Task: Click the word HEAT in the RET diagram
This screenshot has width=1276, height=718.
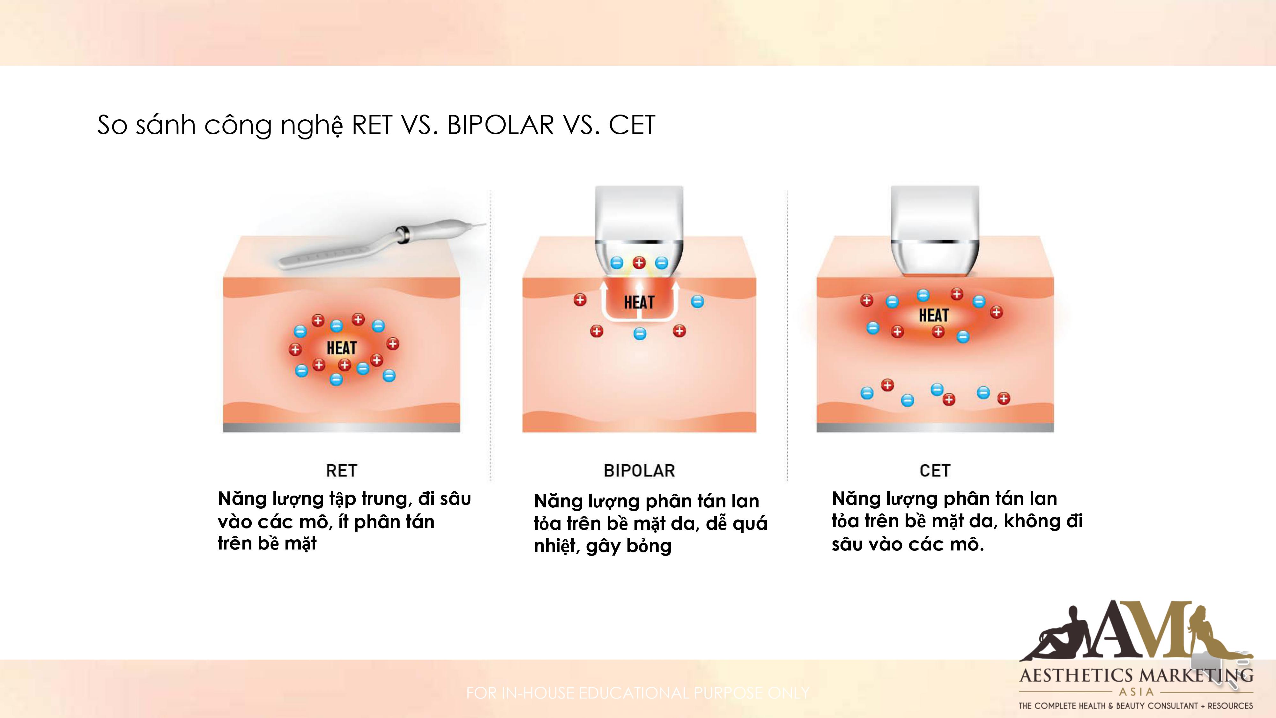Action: point(342,348)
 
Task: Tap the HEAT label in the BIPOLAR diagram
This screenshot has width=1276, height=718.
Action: point(639,302)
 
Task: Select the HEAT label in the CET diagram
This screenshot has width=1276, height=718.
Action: point(934,315)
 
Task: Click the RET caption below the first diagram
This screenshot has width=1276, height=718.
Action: point(341,470)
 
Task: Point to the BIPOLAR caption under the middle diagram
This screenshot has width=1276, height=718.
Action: point(639,470)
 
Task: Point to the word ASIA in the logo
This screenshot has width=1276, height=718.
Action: point(1136,692)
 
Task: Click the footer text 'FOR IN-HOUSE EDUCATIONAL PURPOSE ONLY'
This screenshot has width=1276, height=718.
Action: point(638,693)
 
